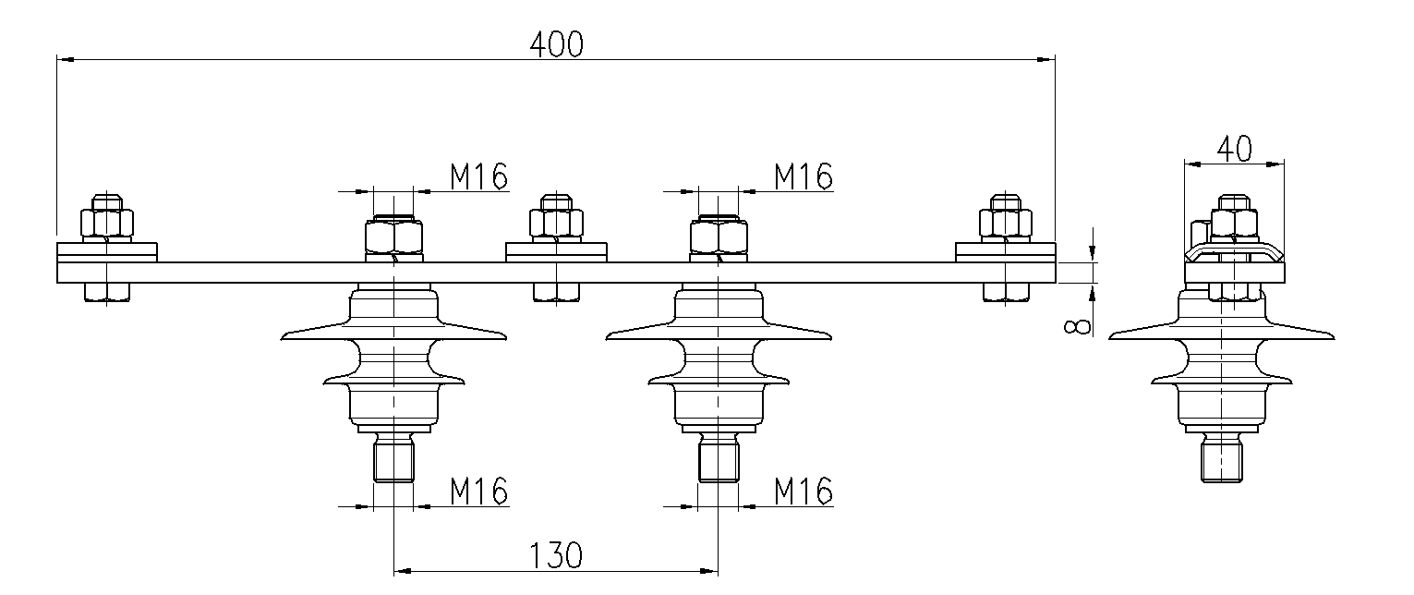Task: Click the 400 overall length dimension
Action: [x=556, y=42]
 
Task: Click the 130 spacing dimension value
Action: [x=556, y=555]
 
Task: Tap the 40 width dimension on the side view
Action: [x=1234, y=148]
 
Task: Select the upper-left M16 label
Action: [x=478, y=176]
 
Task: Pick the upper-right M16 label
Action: [x=803, y=176]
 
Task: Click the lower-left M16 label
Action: [x=478, y=491]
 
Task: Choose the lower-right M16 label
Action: [x=803, y=491]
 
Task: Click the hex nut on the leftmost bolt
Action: [x=107, y=223]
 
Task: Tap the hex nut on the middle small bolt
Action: [x=556, y=223]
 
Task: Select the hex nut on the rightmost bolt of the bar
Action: [x=1005, y=223]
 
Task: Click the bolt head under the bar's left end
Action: [x=107, y=292]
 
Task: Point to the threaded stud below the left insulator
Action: [x=394, y=460]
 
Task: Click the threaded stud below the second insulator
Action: [x=719, y=460]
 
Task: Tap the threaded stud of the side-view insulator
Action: [x=1222, y=460]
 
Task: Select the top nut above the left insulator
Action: [x=394, y=237]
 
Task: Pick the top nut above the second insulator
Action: [x=719, y=237]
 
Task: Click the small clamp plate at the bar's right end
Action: [x=1005, y=251]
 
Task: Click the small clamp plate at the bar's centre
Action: [x=556, y=251]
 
